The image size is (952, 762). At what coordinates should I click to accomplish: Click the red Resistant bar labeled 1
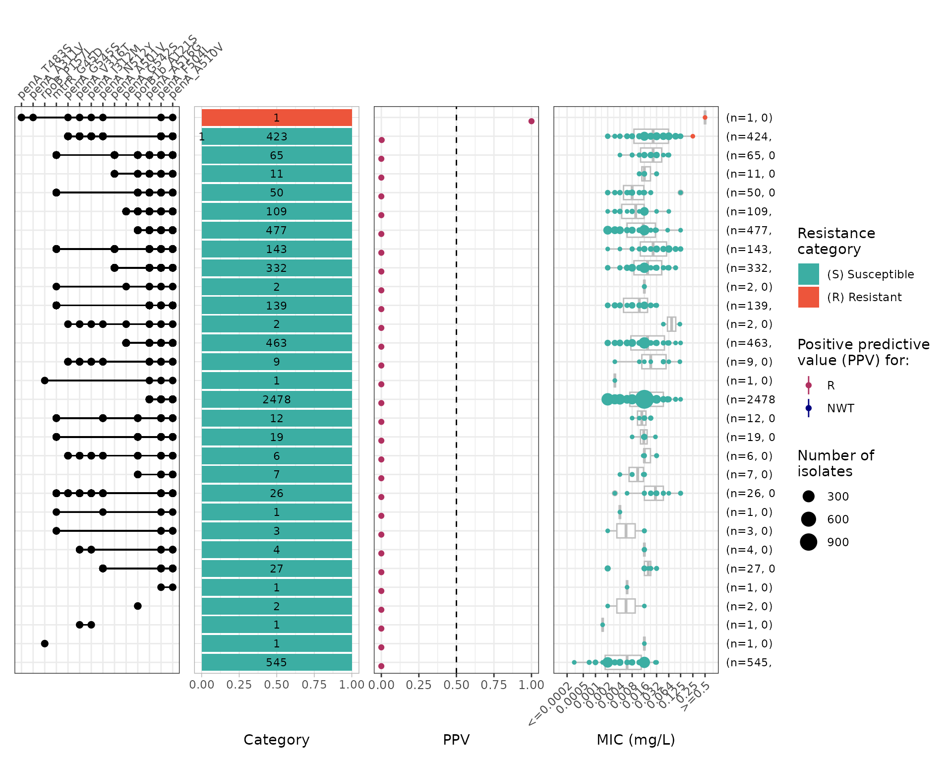pos(277,118)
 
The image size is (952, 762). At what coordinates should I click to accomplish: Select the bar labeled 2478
pos(277,399)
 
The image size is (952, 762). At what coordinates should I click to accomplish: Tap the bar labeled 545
pos(277,662)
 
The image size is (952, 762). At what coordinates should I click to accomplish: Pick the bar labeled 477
pos(277,230)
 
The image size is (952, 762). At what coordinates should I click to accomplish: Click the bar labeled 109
pos(277,211)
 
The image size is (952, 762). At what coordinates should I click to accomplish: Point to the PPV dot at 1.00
pos(531,121)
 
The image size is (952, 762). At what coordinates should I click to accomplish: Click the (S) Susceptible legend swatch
pos(808,274)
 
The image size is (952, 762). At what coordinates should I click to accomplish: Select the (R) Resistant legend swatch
pos(808,297)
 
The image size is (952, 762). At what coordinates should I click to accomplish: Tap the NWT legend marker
pos(808,408)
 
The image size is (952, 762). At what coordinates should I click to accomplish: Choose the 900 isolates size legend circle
pos(808,542)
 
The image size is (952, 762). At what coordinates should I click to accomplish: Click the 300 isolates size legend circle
pos(808,496)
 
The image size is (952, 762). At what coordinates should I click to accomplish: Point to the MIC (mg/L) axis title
pos(636,740)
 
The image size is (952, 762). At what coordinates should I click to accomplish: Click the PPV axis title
pos(456,740)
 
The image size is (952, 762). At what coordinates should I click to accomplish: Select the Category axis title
pos(277,740)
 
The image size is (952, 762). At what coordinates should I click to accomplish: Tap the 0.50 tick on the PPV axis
pos(456,685)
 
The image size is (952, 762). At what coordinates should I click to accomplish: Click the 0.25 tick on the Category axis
pos(239,685)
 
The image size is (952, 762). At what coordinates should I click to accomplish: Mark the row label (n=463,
pos(749,343)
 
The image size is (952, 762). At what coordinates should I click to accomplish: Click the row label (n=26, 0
pos(750,493)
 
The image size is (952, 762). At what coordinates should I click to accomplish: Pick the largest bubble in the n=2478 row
pos(644,399)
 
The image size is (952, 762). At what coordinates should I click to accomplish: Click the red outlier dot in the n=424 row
pos(693,136)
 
